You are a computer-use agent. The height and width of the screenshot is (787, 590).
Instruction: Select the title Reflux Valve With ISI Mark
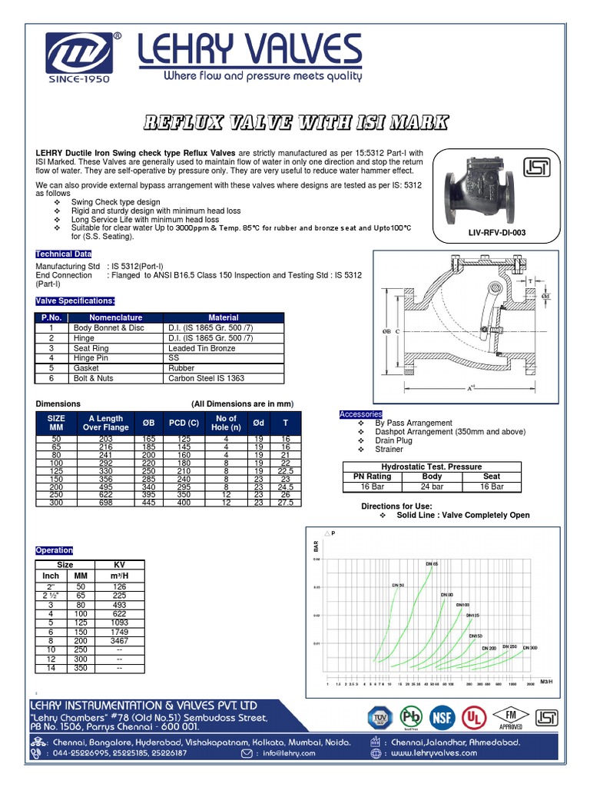point(295,123)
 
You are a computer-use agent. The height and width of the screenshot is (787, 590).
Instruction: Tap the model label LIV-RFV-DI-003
point(497,232)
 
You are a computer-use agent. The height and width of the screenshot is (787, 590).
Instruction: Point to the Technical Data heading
point(64,254)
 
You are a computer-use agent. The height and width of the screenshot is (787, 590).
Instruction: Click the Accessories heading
point(360,415)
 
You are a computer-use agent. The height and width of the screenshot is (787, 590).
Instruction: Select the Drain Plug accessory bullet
point(394,440)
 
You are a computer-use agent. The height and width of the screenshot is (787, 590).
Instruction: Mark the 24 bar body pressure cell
point(433,486)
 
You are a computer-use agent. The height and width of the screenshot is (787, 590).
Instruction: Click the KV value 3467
point(119,639)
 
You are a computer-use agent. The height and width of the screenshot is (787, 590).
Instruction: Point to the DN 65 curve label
point(432,564)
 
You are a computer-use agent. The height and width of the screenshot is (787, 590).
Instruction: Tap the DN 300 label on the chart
point(531,648)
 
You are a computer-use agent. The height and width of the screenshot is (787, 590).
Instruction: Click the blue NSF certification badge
point(442,717)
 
